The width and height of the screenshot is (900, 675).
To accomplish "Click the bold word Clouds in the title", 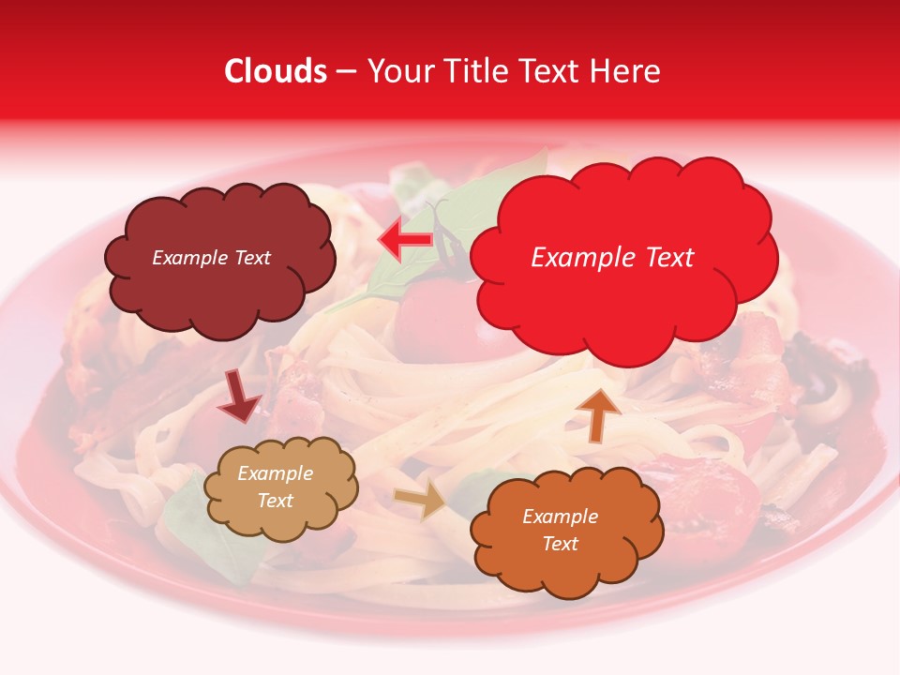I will [x=276, y=71].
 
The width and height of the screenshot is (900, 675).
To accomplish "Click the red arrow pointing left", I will [x=405, y=241].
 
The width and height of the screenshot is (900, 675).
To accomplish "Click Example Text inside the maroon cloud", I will [x=211, y=258].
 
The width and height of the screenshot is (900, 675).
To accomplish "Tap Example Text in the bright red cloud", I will [x=612, y=258].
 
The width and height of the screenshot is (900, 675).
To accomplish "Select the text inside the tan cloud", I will [x=275, y=487].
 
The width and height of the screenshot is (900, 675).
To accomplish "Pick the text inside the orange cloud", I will [x=560, y=530].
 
